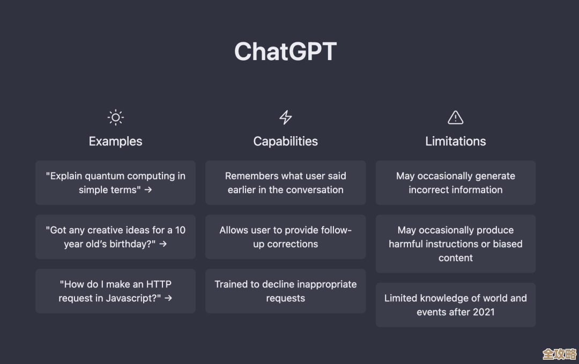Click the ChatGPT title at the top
coord(285,52)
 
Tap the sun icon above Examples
coord(115,117)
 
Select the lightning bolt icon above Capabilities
coord(286,117)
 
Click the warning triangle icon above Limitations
coord(455,117)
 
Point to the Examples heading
coord(115,142)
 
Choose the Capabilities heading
coord(286,142)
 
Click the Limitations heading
coord(455,142)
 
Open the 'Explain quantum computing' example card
coord(115,183)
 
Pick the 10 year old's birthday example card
coord(115,237)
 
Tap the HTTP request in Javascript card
coord(115,291)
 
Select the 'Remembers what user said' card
coord(286,183)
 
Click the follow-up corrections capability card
coord(286,237)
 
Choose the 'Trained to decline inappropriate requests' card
coord(286,291)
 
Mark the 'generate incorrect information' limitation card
coord(455,183)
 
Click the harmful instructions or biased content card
coord(455,244)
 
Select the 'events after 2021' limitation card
coord(455,305)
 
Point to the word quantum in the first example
coord(105,176)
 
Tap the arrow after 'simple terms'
coord(149,190)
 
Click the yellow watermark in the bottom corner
coord(559,354)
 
